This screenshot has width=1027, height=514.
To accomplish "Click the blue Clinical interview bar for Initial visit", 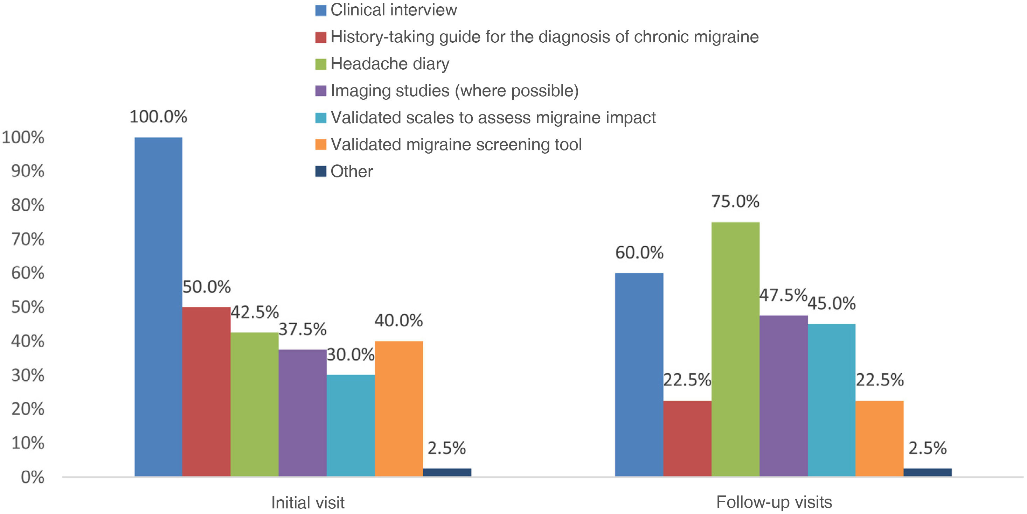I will click(x=158, y=307).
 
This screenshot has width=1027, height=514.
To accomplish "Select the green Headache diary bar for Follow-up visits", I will click(x=735, y=349).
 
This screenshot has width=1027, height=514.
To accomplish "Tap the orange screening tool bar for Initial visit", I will click(x=399, y=408).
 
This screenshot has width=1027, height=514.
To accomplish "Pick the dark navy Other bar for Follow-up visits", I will click(x=927, y=472).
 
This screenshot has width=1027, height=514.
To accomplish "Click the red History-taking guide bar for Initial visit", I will click(x=206, y=391).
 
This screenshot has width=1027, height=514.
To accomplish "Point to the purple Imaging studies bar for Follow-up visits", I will click(x=783, y=396).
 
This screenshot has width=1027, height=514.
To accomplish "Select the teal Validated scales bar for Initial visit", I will click(x=351, y=425).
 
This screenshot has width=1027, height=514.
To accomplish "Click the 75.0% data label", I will click(x=735, y=202).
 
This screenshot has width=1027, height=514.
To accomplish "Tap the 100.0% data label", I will click(x=158, y=117).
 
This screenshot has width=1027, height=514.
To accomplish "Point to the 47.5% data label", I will click(x=783, y=295).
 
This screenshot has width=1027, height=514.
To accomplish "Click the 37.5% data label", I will click(x=302, y=330).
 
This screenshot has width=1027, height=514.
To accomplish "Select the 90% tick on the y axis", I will click(x=28, y=171).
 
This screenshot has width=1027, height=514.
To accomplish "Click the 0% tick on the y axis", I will click(x=32, y=477).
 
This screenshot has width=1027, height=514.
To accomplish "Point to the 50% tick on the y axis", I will click(x=28, y=307).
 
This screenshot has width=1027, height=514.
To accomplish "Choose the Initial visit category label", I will click(x=308, y=502).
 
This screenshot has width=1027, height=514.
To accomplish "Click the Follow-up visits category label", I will click(x=774, y=502).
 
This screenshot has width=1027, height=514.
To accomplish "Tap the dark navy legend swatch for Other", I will click(x=320, y=171).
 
